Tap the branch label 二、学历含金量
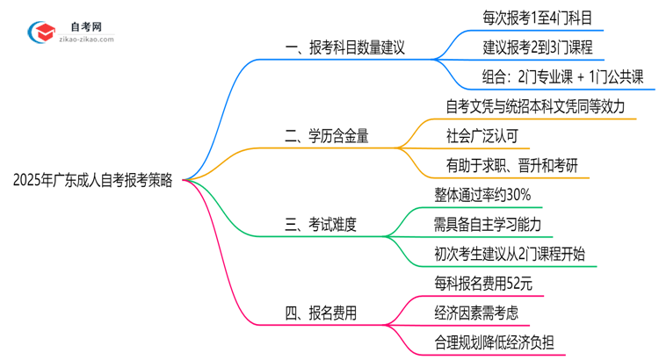coord(327,136)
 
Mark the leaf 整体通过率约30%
coord(482,194)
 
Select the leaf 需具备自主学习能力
coord(488,224)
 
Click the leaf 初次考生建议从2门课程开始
coord(510,254)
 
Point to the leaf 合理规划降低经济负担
coord(500,342)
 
